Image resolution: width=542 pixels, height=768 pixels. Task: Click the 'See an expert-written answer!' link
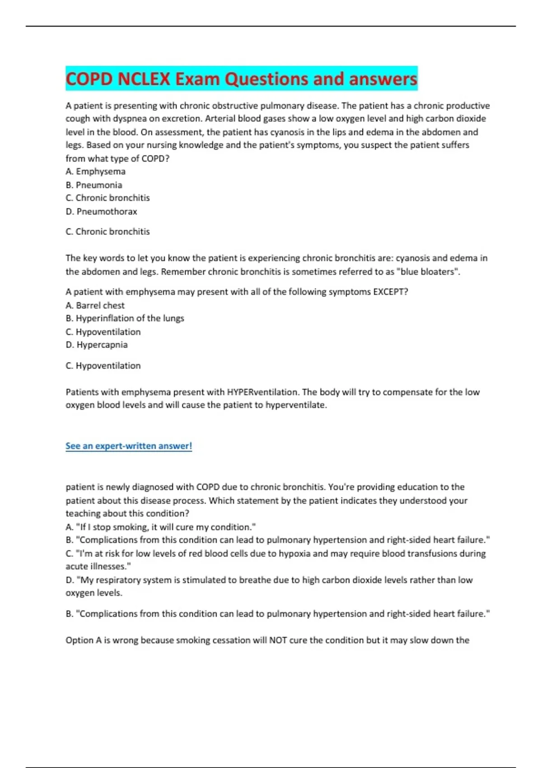(129, 446)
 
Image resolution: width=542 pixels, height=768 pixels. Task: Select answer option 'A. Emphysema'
(95, 172)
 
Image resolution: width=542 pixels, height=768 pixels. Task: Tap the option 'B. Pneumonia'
(93, 185)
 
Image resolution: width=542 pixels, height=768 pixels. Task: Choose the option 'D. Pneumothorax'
(101, 211)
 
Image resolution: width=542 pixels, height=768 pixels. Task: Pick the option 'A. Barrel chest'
(95, 305)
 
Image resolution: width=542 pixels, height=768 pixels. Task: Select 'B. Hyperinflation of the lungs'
(125, 318)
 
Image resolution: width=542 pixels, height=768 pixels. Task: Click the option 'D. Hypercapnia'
(97, 345)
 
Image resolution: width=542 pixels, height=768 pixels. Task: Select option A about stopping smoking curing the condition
(161, 527)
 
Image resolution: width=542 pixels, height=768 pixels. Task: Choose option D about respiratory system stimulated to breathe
(269, 580)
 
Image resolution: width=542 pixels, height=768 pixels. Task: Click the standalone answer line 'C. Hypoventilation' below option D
(103, 365)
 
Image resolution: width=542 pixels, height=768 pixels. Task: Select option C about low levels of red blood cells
(276, 553)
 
